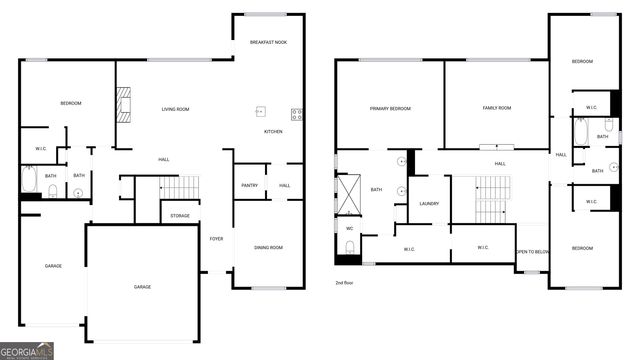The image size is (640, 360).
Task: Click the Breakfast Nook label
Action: (268, 43)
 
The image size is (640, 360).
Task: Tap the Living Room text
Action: (176, 109)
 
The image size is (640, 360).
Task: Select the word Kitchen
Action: (273, 131)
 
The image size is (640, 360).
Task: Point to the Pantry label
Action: (249, 185)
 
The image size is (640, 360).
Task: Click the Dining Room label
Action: (269, 247)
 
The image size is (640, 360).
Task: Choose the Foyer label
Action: (216, 238)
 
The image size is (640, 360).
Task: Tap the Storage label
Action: (180, 215)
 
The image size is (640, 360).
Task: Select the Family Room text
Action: (497, 108)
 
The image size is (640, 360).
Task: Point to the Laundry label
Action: (430, 203)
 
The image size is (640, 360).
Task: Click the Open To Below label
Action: (532, 253)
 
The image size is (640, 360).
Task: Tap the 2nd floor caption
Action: (346, 283)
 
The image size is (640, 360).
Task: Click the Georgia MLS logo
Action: (27, 349)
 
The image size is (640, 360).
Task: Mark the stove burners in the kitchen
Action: (297, 114)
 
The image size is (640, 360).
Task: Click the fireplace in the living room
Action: (124, 102)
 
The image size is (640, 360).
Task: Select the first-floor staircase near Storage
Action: (180, 187)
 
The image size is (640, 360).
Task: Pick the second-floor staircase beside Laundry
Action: (494, 195)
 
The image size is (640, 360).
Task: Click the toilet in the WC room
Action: (350, 246)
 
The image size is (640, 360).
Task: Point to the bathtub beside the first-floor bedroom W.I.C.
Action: (29, 181)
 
